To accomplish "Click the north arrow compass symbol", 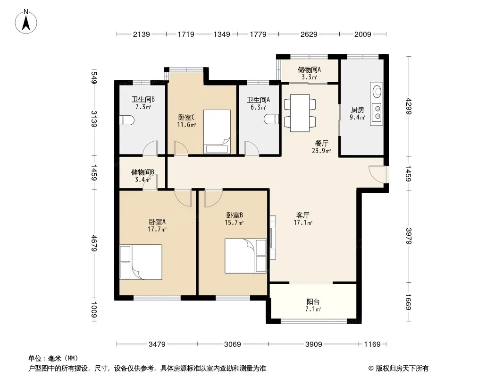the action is coord(26,22).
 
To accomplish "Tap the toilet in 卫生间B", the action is coord(127,120).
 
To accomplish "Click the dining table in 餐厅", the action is coord(300,113).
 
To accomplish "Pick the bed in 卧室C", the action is coord(217,132).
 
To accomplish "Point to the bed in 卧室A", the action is coord(141,262).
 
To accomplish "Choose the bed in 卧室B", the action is coord(246,256).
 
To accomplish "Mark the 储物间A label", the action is coord(309,69).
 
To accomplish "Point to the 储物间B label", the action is coord(143,172).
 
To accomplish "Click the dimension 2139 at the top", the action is coord(142,34).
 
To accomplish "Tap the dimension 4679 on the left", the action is coord(94,243).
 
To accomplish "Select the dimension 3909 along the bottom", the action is coord(313,344).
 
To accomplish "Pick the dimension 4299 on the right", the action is coord(408,106).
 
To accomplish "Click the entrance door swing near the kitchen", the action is coord(377,174).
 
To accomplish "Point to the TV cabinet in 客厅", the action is coord(273,237).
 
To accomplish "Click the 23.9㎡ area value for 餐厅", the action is coord(321,151).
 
